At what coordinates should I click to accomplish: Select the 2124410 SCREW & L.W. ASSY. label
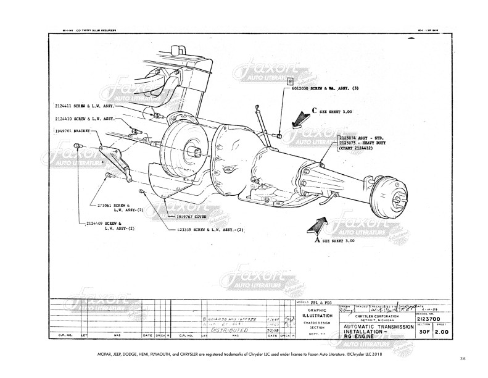83,118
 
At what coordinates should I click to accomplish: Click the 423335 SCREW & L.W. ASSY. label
209,229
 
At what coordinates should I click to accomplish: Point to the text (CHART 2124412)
361,149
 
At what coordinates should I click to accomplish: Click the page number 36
463,358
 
